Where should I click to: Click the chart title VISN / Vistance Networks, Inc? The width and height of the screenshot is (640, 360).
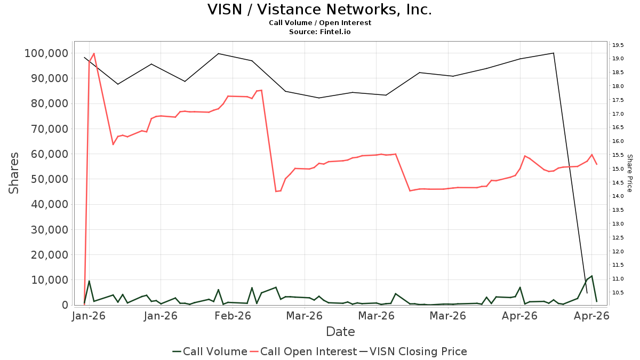click(319, 10)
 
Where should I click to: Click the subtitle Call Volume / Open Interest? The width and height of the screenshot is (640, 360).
click(320, 23)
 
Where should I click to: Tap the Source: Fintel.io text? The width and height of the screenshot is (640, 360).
click(319, 31)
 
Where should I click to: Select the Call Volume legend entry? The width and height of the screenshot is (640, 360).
click(210, 351)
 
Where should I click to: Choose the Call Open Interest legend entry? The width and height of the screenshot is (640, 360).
click(303, 351)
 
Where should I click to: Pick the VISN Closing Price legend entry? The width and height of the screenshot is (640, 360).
click(413, 351)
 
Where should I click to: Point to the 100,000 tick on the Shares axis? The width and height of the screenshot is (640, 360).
click(46, 53)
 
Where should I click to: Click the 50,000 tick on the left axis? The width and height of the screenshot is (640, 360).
click(50, 179)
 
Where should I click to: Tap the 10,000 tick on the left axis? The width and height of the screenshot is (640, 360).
click(50, 280)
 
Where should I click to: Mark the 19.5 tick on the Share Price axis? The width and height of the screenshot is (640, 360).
click(618, 45)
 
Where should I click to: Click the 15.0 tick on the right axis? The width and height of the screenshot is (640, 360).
click(618, 169)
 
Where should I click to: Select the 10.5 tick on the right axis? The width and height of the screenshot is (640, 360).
click(618, 293)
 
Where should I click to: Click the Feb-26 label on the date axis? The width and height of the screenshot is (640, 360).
click(233, 316)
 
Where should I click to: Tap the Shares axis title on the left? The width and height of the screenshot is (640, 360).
click(13, 173)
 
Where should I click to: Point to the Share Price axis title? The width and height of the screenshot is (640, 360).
click(630, 173)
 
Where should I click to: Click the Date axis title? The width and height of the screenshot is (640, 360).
click(340, 332)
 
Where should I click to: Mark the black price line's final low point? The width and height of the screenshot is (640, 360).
click(587, 293)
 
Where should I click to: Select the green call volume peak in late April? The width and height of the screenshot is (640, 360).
click(591, 276)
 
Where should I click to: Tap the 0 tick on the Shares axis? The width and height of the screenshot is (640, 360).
click(66, 305)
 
